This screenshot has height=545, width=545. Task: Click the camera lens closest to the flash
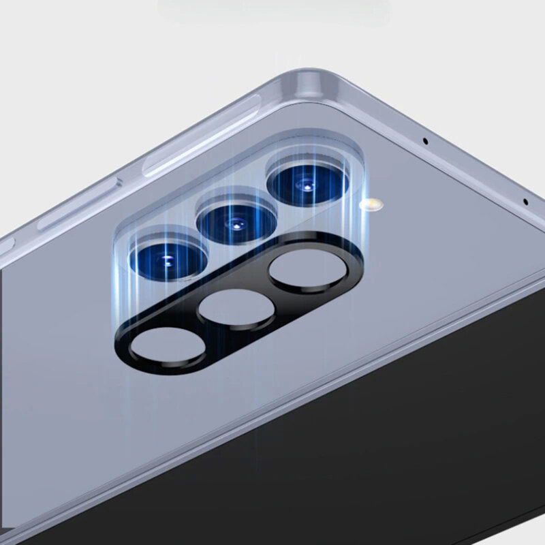tap(307, 183)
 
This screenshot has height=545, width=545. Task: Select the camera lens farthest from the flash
tap(168, 260)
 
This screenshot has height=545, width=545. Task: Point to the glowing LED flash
tap(371, 203)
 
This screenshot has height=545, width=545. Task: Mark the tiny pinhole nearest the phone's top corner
tap(426, 142)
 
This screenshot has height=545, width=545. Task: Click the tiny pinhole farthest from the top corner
tap(526, 201)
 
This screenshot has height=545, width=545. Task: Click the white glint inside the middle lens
tap(236, 224)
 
